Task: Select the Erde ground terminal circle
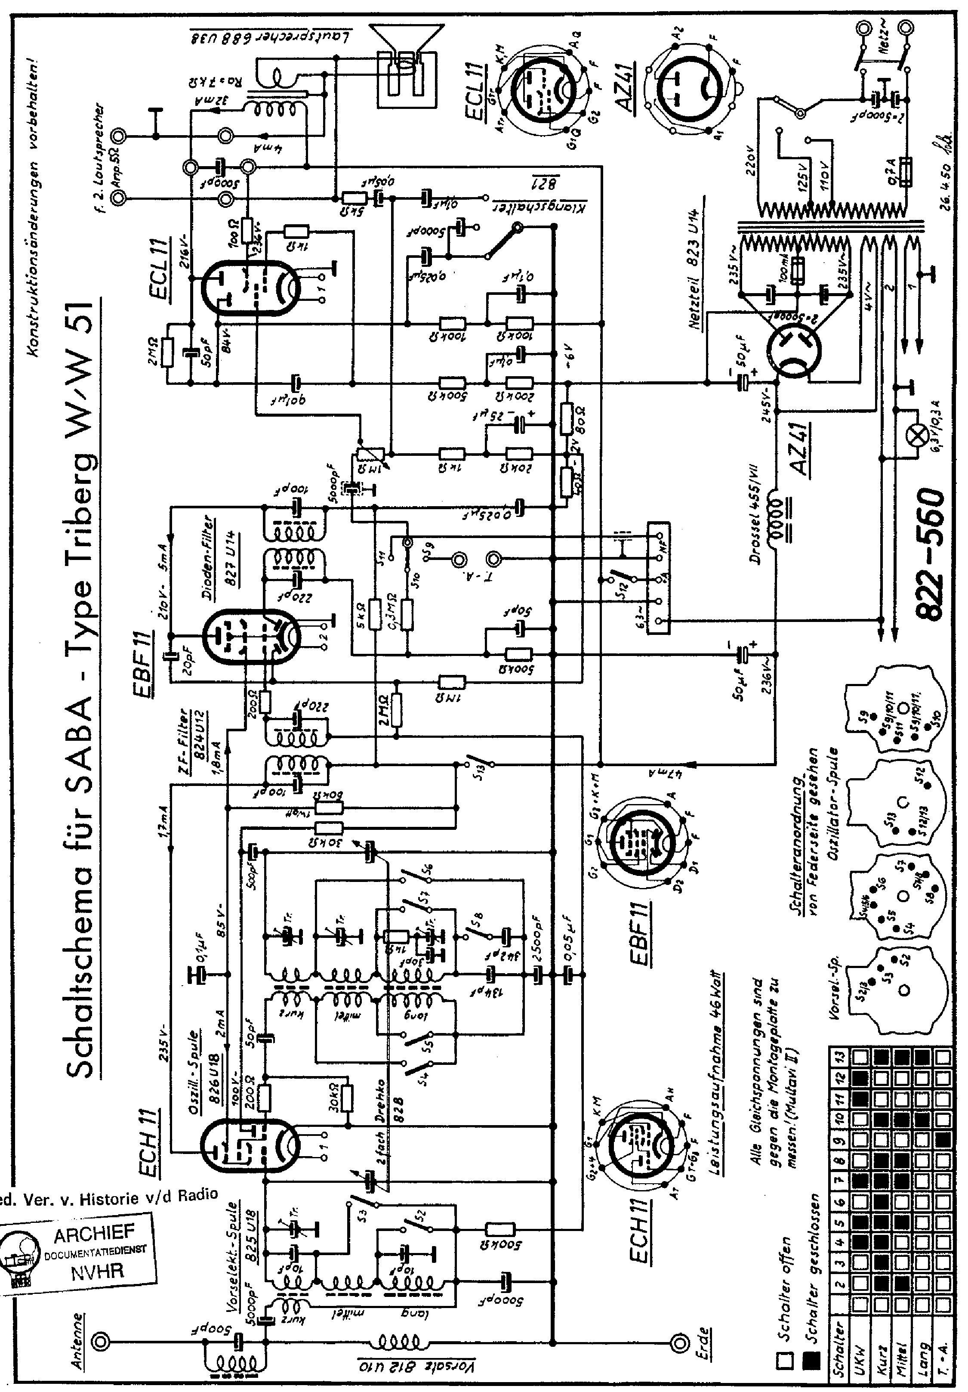(x=680, y=1322)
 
